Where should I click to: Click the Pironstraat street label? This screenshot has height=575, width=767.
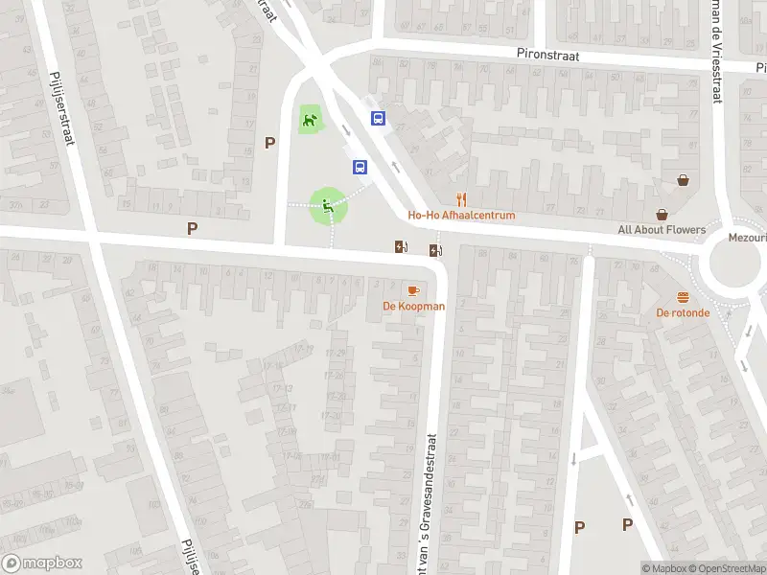tap(547, 57)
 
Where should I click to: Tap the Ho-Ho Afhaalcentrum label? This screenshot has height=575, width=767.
tap(462, 216)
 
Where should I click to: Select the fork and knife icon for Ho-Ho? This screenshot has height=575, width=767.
tap(462, 199)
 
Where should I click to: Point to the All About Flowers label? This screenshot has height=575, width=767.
tap(662, 230)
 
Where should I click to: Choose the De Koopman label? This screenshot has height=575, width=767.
tap(414, 306)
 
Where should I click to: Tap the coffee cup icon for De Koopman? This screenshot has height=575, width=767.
tap(413, 289)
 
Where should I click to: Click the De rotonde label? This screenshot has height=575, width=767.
tap(683, 312)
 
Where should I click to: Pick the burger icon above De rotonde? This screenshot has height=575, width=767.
tap(683, 296)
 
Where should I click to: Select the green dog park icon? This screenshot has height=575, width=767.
tap(310, 121)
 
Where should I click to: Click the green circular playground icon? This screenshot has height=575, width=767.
tap(328, 203)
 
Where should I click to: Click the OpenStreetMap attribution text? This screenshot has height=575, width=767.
tap(726, 568)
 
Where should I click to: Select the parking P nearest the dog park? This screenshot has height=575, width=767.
tap(270, 143)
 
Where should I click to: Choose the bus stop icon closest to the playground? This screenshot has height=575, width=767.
tap(360, 167)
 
